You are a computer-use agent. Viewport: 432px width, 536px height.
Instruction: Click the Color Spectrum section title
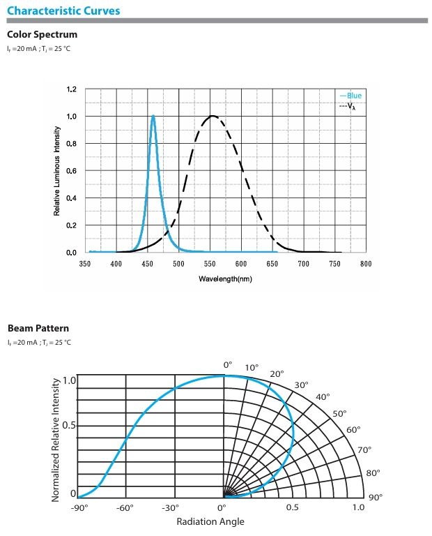[42, 34]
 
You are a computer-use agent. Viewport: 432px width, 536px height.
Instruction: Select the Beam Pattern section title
[38, 328]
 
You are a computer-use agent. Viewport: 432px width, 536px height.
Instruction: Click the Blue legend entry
[351, 96]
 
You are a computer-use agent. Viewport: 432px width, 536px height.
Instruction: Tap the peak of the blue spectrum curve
[153, 117]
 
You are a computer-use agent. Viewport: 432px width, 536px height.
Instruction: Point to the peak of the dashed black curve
[213, 116]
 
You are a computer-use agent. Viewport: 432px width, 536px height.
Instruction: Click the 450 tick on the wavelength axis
[148, 265]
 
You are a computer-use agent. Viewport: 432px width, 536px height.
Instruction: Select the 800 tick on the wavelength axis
[366, 265]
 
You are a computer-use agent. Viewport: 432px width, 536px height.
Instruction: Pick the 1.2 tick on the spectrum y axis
[71, 89]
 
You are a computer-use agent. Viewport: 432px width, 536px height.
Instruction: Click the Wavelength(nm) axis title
[225, 278]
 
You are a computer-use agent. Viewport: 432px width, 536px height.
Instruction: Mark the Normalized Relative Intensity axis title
[56, 440]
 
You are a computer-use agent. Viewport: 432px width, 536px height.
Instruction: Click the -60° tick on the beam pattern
[125, 507]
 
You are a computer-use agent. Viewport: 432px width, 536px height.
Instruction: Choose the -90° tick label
[79, 507]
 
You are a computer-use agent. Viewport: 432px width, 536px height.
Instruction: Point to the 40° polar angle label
[323, 397]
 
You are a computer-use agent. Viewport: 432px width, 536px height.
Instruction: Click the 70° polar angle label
[364, 450]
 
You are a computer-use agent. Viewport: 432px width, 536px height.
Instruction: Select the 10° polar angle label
[252, 367]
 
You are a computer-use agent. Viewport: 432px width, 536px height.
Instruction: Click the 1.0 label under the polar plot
[357, 507]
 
